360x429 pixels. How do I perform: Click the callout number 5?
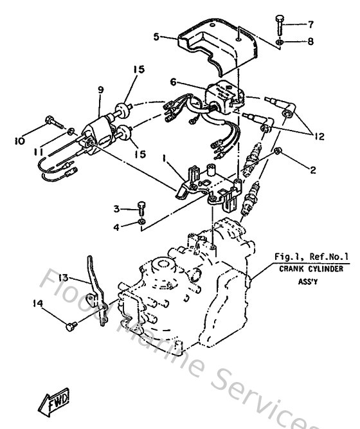(156, 37)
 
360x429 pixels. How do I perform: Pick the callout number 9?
(100, 90)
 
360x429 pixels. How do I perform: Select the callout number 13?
(62, 279)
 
